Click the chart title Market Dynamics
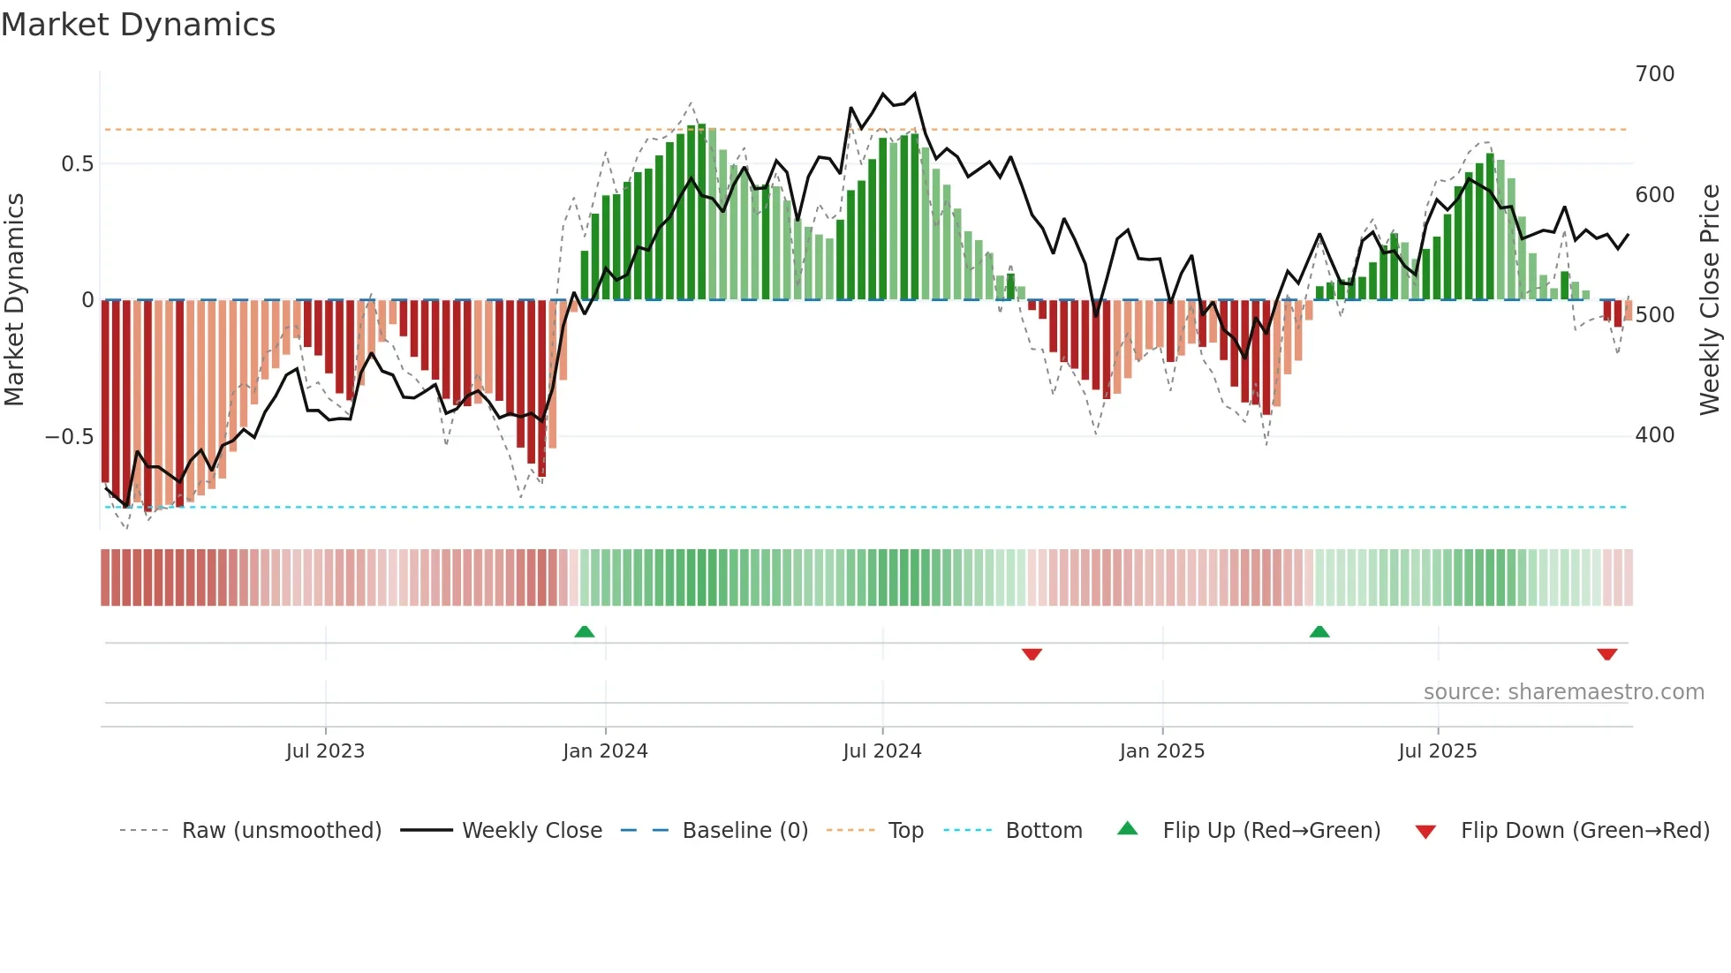[138, 25]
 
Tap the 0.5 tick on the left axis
[77, 164]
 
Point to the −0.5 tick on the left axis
[70, 437]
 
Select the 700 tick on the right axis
[1654, 74]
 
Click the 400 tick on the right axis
[1654, 435]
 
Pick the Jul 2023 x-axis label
[325, 751]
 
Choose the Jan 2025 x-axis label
[1161, 751]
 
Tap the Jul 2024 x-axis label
[881, 751]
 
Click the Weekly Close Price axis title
[1710, 300]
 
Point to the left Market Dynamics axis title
[14, 300]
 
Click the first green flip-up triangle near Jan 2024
[584, 631]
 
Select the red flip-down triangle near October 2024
[1032, 654]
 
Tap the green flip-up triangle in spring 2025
[1319, 631]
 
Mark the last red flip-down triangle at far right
[1606, 654]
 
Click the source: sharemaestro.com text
[1563, 692]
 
